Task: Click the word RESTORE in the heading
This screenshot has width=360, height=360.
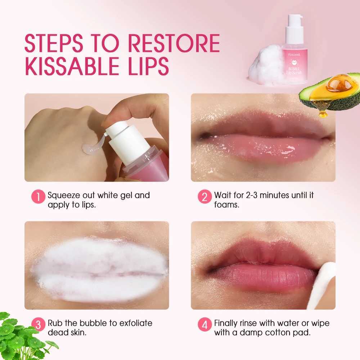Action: point(174,44)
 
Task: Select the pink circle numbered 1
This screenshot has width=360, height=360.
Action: point(38,197)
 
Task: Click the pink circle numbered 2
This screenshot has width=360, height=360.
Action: point(204,197)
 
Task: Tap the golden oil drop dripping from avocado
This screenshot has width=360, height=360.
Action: point(323,113)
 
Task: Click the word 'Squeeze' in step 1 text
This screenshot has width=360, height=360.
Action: point(65,195)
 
